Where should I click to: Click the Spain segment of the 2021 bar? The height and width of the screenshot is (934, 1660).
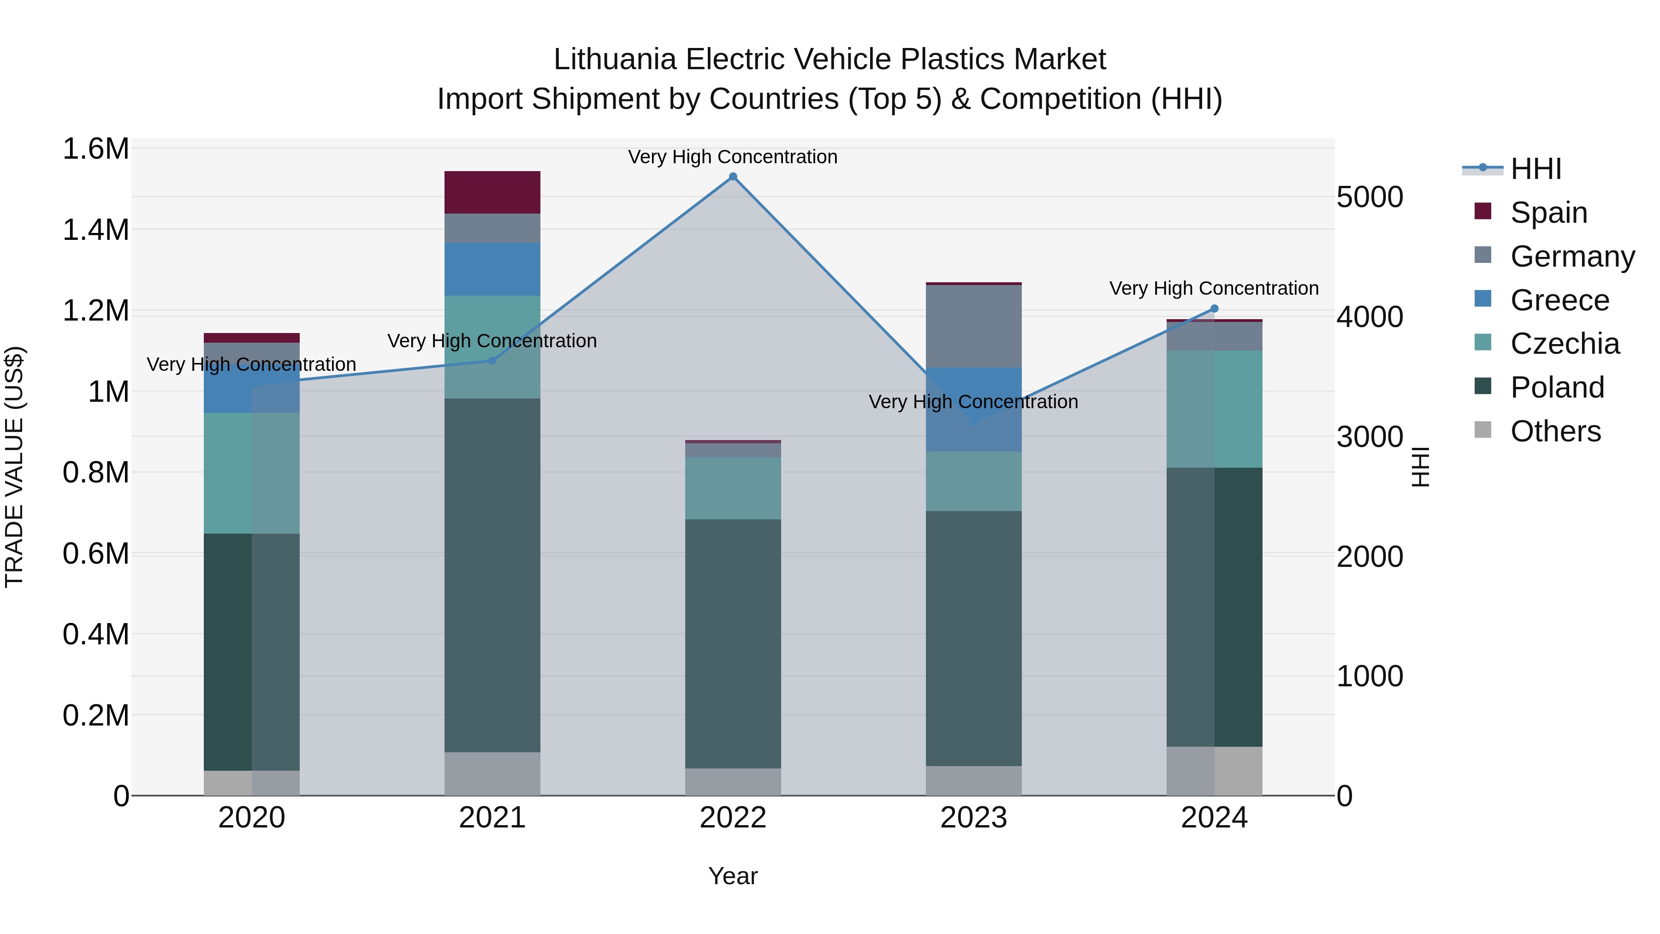coord(492,192)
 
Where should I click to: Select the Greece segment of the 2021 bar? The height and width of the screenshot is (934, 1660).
coord(492,269)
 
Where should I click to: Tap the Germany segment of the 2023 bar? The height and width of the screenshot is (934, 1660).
coord(974,326)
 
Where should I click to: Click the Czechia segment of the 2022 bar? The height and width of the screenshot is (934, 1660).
coord(733,488)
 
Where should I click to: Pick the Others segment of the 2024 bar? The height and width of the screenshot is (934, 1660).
coord(1214,771)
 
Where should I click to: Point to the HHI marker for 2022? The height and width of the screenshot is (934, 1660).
coord(733,177)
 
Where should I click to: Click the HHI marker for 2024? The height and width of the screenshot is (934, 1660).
coord(1214,309)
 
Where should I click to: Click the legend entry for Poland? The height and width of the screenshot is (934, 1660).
coord(1557,387)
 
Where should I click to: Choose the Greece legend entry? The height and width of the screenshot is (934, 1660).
coord(1559,300)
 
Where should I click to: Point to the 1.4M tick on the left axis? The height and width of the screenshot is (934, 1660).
coord(95,230)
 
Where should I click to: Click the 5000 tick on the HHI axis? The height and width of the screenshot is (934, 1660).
coord(1369,197)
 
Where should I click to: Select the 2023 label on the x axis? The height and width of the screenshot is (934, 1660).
coord(974,818)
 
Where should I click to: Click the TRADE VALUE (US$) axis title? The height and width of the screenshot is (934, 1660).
coord(14,467)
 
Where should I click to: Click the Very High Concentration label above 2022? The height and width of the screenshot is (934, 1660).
coord(733,157)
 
